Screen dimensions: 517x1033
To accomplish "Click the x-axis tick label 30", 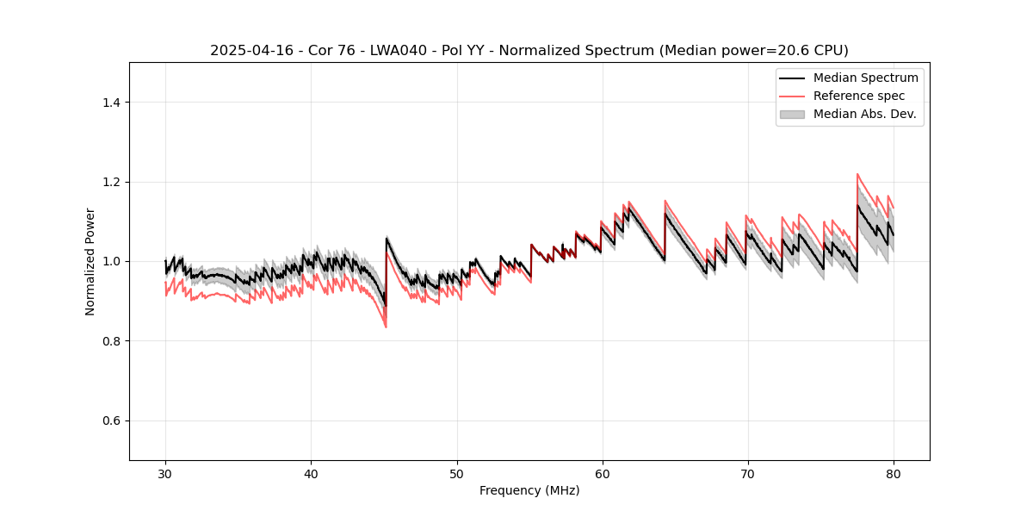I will click(165, 473).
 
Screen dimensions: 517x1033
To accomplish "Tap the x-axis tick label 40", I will click(311, 473).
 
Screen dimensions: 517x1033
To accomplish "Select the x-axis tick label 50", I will click(456, 473).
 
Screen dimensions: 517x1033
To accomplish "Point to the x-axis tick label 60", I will click(602, 473).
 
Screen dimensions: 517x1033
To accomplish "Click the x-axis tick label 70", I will click(747, 473).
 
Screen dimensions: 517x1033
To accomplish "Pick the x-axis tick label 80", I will click(893, 473).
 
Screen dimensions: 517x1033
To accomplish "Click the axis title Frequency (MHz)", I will click(529, 490).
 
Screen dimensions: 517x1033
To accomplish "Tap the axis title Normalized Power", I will click(90, 261).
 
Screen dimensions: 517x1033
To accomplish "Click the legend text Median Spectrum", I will click(865, 78).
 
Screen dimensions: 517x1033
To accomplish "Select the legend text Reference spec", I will click(859, 96).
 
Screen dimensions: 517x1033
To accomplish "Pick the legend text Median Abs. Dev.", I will click(864, 114).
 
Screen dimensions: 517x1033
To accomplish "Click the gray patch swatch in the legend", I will click(792, 114).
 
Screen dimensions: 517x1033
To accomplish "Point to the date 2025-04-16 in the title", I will click(245, 51).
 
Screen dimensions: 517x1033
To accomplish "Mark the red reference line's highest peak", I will click(857, 174).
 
